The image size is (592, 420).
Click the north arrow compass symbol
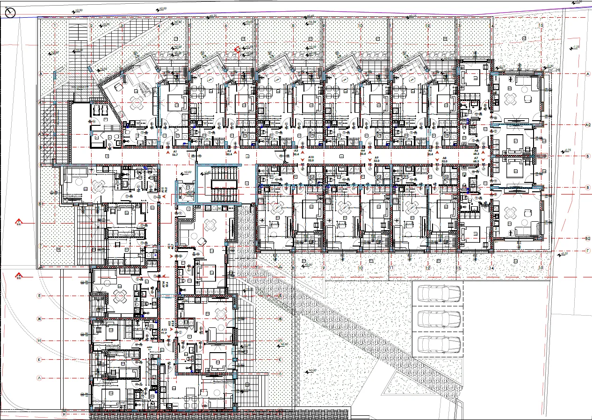(x=10, y=14)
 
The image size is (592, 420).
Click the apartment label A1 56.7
(x=174, y=154)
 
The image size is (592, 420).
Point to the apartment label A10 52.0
(x=310, y=158)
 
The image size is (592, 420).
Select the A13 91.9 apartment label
(x=164, y=332)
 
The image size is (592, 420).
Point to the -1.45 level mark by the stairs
(x=208, y=173)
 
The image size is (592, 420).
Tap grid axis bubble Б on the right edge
(x=588, y=155)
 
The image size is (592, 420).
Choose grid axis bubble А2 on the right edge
(x=588, y=125)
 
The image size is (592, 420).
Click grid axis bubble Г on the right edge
(x=588, y=251)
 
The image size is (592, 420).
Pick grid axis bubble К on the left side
(x=40, y=359)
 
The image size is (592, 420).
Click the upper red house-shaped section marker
(x=19, y=222)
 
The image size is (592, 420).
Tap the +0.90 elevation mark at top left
(x=77, y=10)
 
